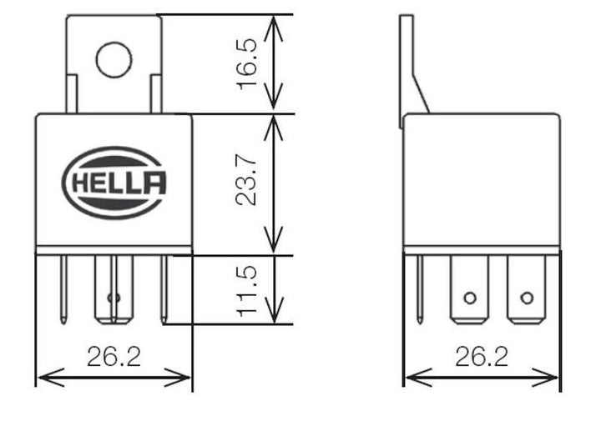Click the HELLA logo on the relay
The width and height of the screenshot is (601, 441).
114,183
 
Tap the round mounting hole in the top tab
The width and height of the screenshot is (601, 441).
114,59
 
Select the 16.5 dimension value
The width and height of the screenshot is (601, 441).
248,64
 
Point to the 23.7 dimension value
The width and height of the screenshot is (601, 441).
248,184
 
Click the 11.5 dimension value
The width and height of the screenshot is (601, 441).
248,290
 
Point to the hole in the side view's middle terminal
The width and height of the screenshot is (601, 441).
469,298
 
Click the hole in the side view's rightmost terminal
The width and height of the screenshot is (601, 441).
526,298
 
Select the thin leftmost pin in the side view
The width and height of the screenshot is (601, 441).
420,288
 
